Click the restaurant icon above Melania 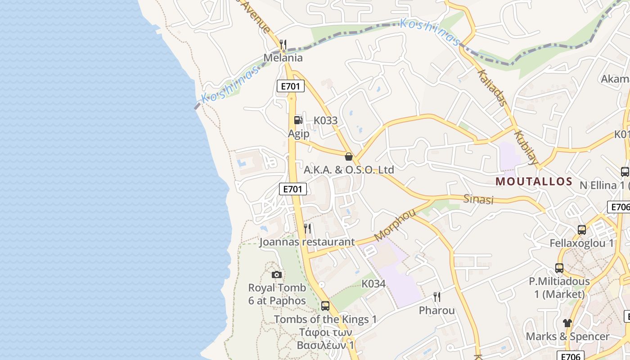[283, 44]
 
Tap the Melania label [283, 58]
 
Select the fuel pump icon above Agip [298, 120]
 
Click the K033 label [325, 121]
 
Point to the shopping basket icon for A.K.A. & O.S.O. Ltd [348, 157]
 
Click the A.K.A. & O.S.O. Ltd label [349, 170]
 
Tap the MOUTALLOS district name [534, 182]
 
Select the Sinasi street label [478, 199]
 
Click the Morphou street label [395, 225]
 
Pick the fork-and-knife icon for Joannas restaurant [307, 229]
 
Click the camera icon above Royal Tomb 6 [277, 274]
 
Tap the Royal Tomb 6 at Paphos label [277, 294]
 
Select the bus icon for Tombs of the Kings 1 [325, 306]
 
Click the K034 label [373, 284]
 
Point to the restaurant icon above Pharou [436, 297]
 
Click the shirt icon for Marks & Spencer [567, 323]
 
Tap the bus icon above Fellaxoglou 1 [581, 230]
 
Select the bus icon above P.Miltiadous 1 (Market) [559, 268]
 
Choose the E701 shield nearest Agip [290, 86]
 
